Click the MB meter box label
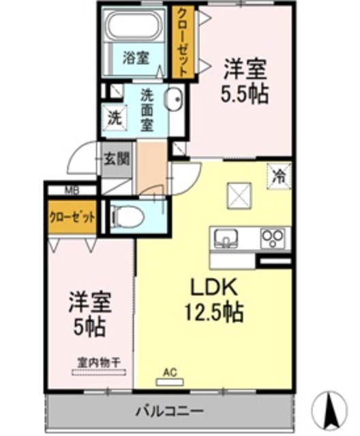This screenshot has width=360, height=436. tap(71, 191)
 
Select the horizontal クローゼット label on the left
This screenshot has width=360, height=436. tap(72, 219)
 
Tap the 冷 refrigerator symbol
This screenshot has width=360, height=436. tap(280, 175)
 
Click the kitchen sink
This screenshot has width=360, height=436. tap(227, 238)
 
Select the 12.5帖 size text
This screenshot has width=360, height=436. tap(213, 313)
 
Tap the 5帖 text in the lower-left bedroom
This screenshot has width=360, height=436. tap(89, 327)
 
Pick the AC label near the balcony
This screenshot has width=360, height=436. tap(170, 373)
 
